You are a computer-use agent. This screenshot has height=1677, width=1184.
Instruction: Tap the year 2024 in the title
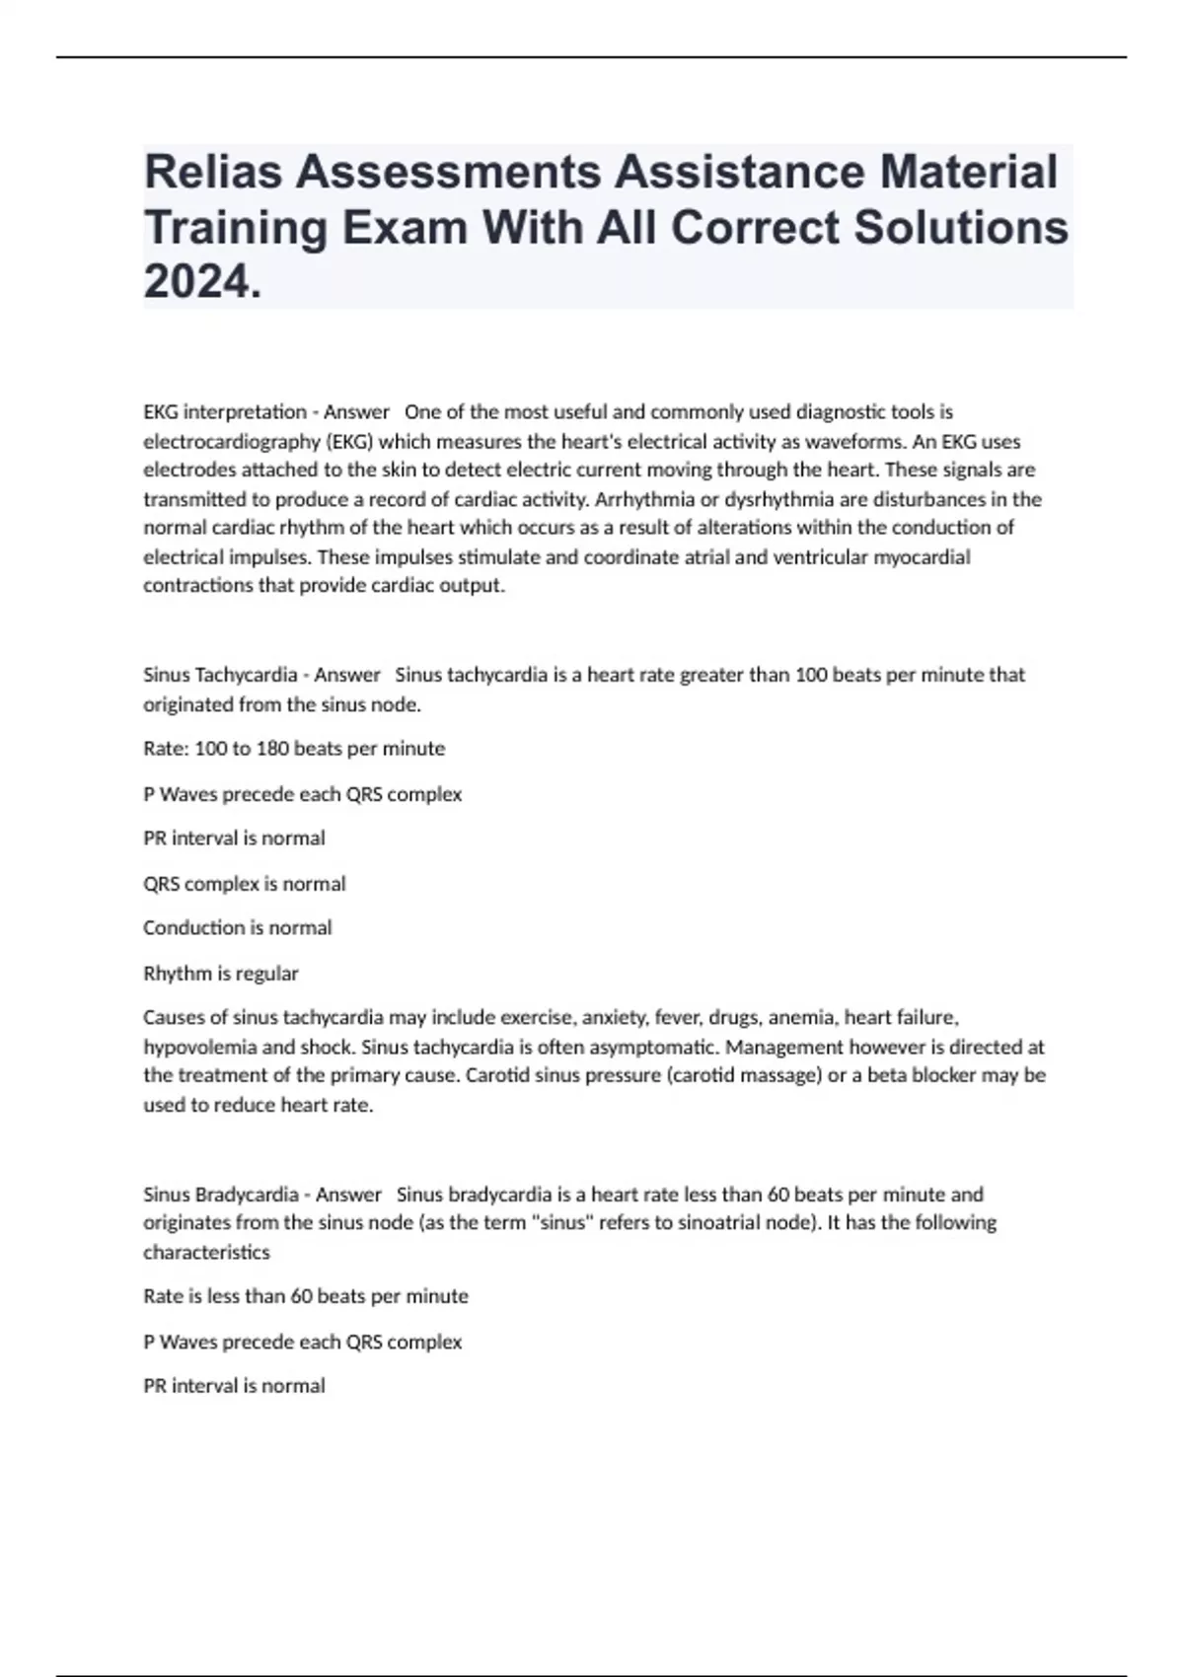202,283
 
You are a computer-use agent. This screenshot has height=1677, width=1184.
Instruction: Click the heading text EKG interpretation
225,411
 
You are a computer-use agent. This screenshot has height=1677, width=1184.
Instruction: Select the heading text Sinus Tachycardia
220,675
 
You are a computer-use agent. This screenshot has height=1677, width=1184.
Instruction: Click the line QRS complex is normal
244,884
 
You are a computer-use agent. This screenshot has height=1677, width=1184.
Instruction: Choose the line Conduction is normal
237,927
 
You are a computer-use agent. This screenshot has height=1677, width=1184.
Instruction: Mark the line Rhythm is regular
220,973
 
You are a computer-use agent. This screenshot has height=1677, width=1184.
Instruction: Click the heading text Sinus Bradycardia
220,1195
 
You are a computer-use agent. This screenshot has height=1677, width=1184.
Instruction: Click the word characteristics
206,1252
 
